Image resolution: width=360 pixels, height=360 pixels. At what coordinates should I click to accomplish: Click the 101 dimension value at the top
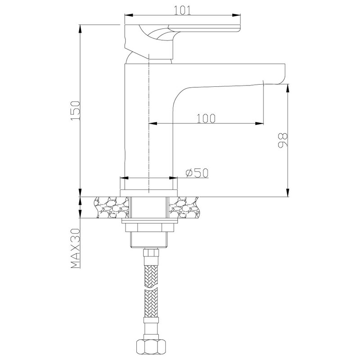pyautogui.click(x=183, y=10)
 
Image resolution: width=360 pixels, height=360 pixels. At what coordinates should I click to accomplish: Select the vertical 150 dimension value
pyautogui.click(x=76, y=110)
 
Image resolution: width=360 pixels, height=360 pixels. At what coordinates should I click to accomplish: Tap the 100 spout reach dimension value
pyautogui.click(x=206, y=118)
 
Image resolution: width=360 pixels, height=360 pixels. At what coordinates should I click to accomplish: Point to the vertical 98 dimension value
pyautogui.click(x=283, y=140)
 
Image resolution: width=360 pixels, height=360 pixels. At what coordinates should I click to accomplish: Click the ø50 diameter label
pyautogui.click(x=197, y=173)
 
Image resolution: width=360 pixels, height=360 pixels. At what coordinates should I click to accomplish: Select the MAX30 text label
pyautogui.click(x=76, y=248)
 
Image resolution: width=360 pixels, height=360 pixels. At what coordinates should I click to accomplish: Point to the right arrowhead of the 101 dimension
pyautogui.click(x=236, y=15)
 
